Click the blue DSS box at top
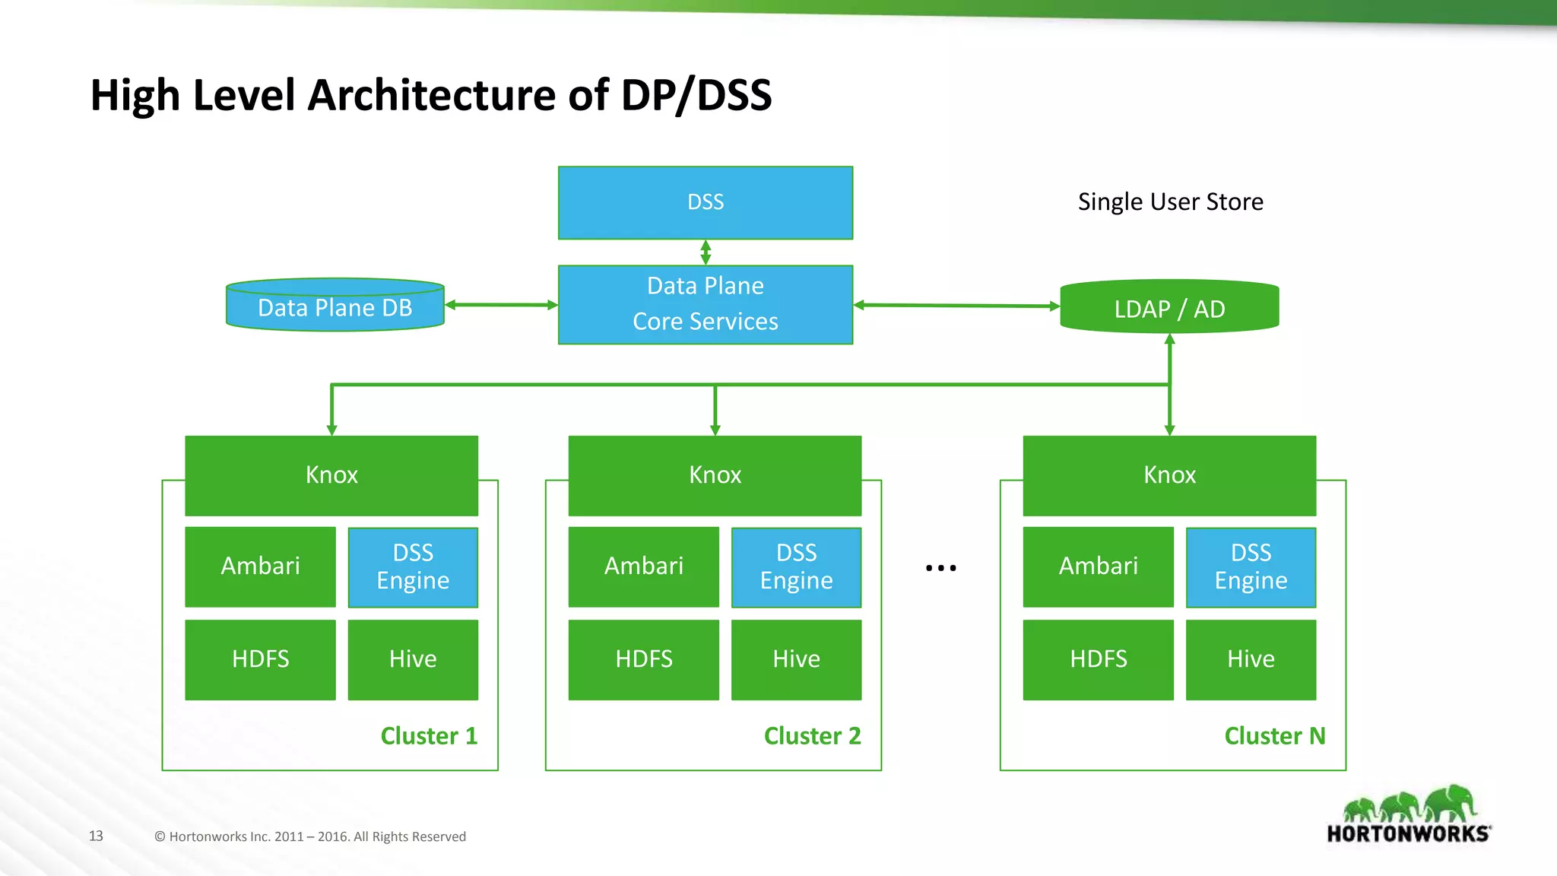(706, 202)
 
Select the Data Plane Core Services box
(706, 304)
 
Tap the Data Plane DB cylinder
(335, 306)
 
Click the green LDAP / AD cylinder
(1169, 308)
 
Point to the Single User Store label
(1170, 202)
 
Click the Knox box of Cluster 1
(331, 475)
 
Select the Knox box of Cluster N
(1169, 475)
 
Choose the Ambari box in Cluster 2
(643, 567)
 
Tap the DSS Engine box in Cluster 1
(413, 567)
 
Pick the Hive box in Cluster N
(1251, 659)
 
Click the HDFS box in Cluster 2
(643, 659)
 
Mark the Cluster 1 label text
(429, 736)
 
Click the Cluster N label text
(1274, 736)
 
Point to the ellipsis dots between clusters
(940, 568)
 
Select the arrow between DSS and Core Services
(706, 252)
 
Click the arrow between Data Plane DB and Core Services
(501, 305)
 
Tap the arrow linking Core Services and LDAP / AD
(956, 306)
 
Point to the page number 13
(96, 836)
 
